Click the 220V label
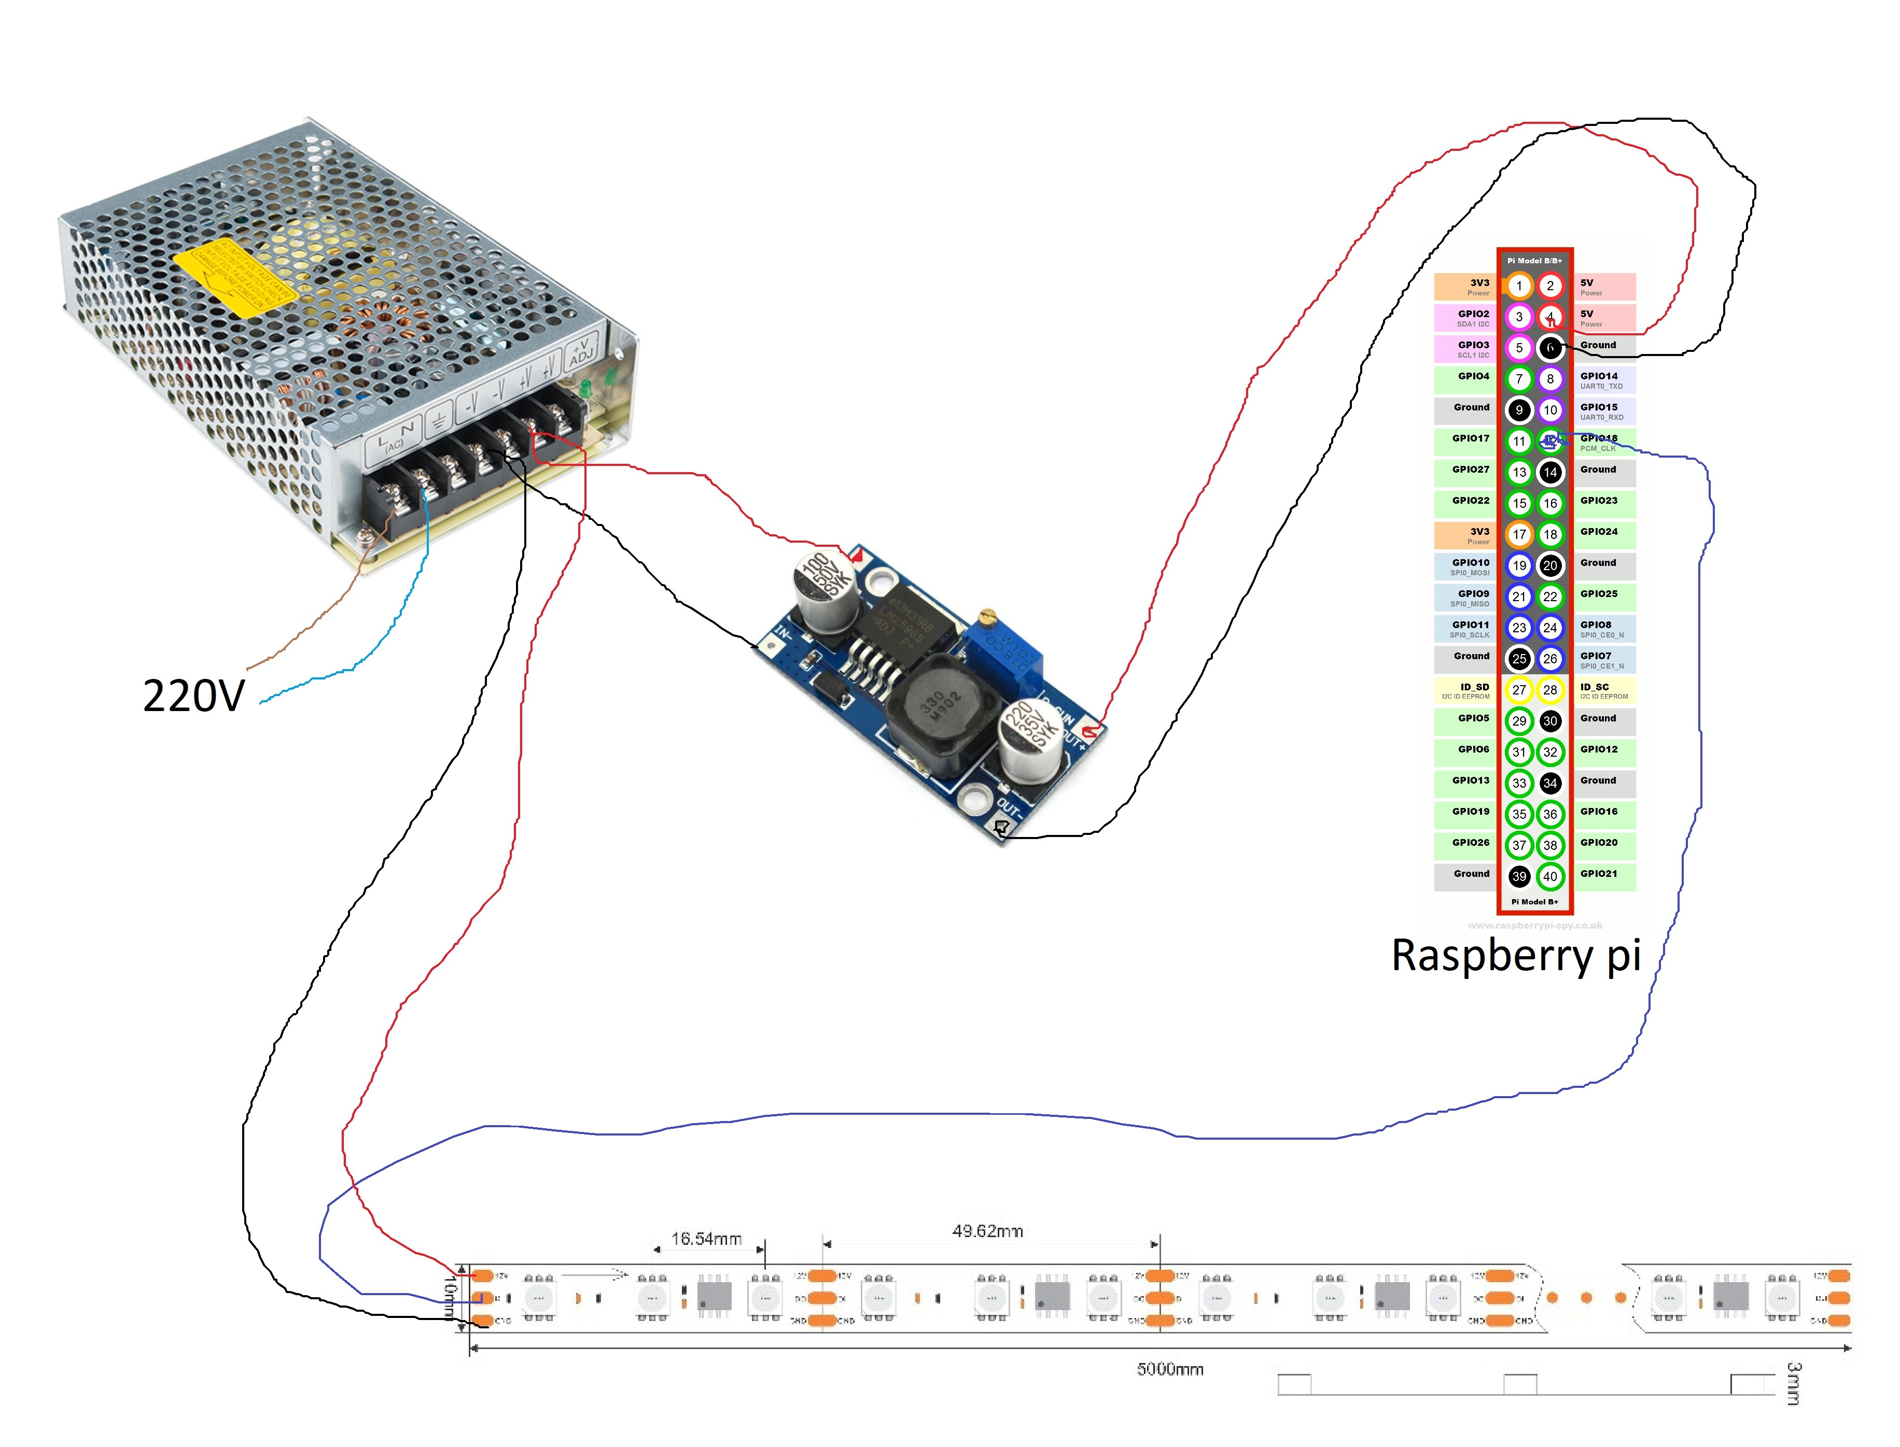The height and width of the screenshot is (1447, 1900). tap(194, 696)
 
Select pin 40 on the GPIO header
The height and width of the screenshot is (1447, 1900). tap(1549, 876)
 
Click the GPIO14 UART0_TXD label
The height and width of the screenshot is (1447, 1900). tap(1601, 380)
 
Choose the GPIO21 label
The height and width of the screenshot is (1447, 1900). tap(1598, 873)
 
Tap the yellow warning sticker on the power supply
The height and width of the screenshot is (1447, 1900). tap(234, 277)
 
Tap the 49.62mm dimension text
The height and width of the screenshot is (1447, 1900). tap(987, 1231)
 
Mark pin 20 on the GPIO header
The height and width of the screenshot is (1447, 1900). tap(1549, 565)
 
